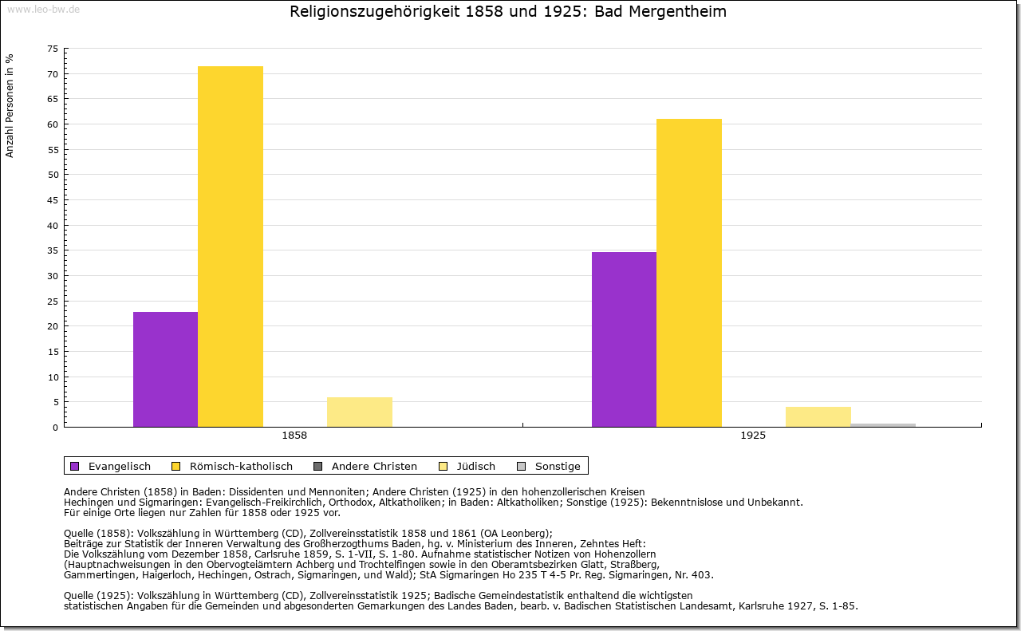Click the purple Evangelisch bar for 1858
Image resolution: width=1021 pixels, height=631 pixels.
(165, 369)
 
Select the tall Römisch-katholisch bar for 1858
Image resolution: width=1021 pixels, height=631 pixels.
(231, 246)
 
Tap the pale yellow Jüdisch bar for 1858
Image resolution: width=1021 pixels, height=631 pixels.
(360, 412)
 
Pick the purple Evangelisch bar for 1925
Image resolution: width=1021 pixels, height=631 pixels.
(624, 339)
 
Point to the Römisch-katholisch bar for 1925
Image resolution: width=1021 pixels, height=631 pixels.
(689, 273)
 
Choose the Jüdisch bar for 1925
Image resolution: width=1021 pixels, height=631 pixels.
(818, 416)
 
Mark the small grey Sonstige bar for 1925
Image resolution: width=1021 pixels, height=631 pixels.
(883, 424)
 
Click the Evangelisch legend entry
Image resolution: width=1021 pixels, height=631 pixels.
(112, 466)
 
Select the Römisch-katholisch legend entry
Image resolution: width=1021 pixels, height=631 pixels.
(232, 466)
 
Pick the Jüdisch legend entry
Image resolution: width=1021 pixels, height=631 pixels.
(468, 466)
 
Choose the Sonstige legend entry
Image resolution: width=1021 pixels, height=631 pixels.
(550, 466)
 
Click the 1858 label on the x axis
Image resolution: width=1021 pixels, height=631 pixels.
(294, 436)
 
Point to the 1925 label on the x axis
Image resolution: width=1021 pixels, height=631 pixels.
(753, 436)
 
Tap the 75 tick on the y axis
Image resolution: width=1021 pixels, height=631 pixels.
(53, 49)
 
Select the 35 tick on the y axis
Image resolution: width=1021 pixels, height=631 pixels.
(53, 250)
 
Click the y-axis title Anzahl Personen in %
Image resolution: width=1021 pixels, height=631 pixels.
(10, 105)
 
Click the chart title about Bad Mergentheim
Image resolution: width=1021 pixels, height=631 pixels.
(508, 12)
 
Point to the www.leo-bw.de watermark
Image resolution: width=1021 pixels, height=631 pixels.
(43, 8)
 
